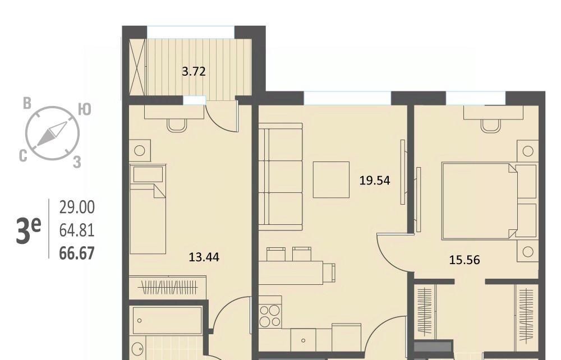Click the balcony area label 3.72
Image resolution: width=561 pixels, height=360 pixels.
pyautogui.click(x=194, y=72)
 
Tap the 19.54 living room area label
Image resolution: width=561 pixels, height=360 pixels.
pyautogui.click(x=375, y=181)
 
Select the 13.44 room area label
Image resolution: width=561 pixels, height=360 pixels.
pyautogui.click(x=204, y=257)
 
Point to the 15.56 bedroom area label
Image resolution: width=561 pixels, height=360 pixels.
pyautogui.click(x=465, y=260)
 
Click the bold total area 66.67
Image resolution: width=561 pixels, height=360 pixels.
pyautogui.click(x=77, y=253)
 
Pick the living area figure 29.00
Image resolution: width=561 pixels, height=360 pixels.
pyautogui.click(x=77, y=207)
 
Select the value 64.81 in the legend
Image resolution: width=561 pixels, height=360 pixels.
pyautogui.click(x=77, y=230)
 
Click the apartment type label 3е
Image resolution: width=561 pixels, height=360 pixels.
pyautogui.click(x=28, y=230)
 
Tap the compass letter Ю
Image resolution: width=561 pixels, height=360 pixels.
pyautogui.click(x=85, y=109)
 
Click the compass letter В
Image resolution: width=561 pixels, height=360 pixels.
pyautogui.click(x=27, y=103)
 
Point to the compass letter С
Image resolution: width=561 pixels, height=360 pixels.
pyautogui.click(x=23, y=156)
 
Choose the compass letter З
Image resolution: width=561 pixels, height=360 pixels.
pyautogui.click(x=77, y=162)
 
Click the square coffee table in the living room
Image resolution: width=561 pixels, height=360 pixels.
pyautogui.click(x=332, y=179)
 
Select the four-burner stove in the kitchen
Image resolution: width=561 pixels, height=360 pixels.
pyautogui.click(x=270, y=316)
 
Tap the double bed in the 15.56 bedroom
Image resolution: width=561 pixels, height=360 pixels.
pyautogui.click(x=489, y=201)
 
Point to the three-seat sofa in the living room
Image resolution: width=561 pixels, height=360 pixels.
pyautogui.click(x=280, y=177)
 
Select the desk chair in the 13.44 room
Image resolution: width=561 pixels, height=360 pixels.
pyautogui.click(x=177, y=125)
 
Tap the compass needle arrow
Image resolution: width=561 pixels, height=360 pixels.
pyautogui.click(x=52, y=133)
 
